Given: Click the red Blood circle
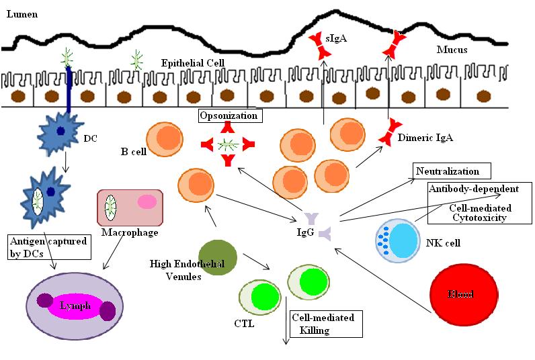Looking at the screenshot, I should pos(464,294).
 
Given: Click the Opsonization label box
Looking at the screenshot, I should pos(230,116).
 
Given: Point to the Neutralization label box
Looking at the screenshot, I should pos(452,171).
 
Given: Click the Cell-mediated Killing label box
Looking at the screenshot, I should pos(325,323).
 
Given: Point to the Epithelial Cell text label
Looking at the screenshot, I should pos(192,63).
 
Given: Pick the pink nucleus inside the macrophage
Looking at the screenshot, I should pos(147,202).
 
